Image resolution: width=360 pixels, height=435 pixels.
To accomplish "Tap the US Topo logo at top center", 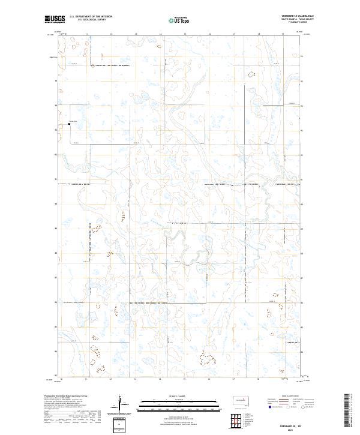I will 174,20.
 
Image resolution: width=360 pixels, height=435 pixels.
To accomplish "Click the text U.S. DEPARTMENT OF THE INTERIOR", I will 91,16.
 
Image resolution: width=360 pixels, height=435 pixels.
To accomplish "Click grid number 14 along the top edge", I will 136,34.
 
